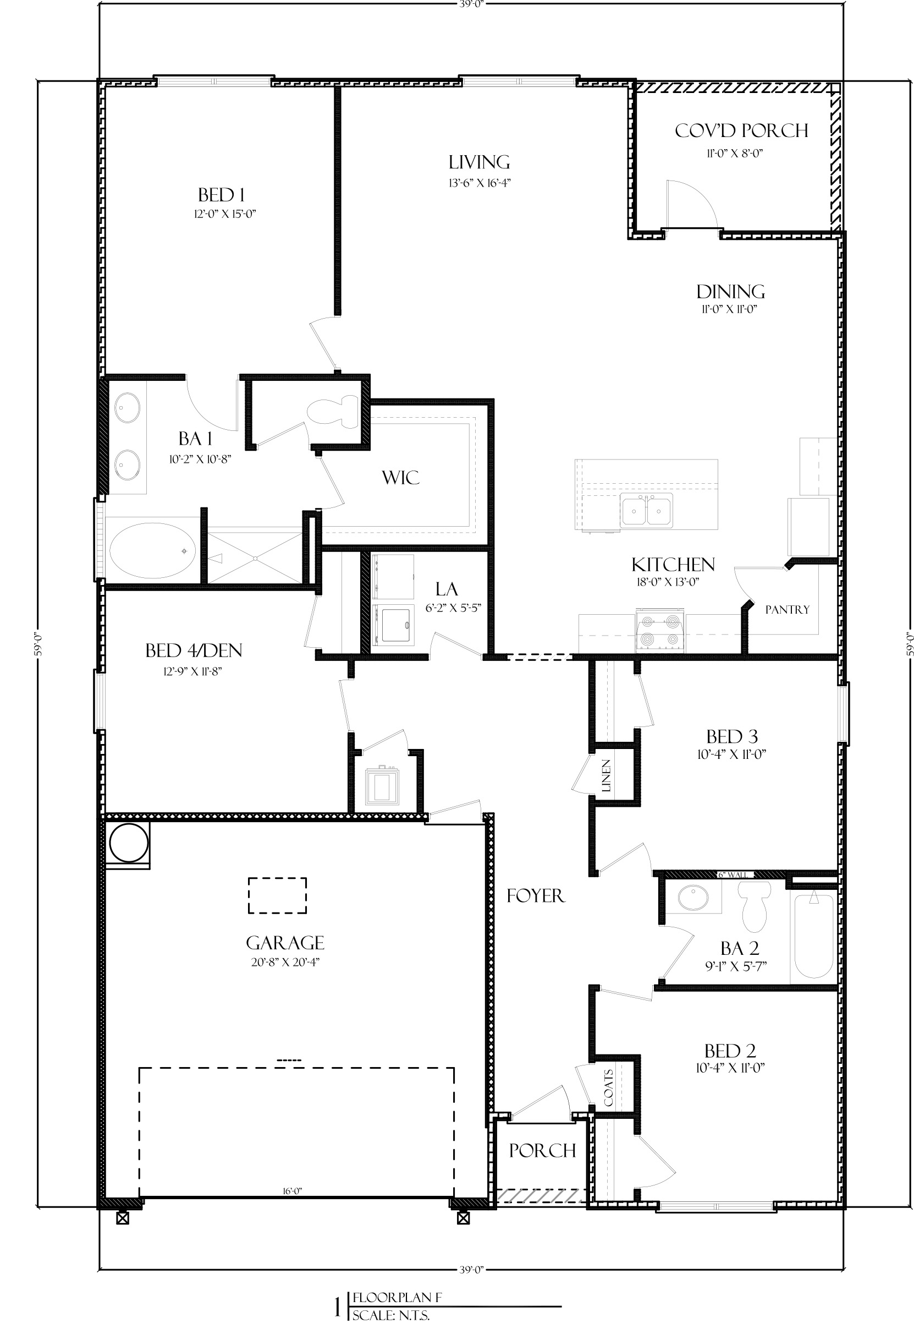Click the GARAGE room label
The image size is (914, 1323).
pos(285,943)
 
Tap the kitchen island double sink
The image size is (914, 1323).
pos(646,510)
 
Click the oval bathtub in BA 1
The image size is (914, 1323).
pos(152,550)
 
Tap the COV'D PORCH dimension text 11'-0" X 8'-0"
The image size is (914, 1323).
pos(734,154)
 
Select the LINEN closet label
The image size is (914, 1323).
pos(607,776)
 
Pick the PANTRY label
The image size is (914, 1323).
pos(788,610)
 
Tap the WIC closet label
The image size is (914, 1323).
pos(400,477)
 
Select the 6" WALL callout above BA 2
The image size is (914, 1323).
pos(733,875)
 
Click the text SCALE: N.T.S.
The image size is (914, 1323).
pos(390,1315)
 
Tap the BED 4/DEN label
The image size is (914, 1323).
pos(194,650)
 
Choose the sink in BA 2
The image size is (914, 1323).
pos(693,898)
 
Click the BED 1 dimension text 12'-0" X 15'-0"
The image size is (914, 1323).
pos(224,214)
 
